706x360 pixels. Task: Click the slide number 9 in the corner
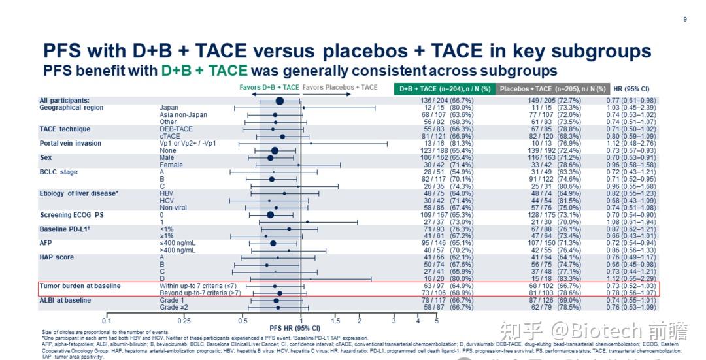684,20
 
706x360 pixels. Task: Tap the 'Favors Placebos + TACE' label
340,87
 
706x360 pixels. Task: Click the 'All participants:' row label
64,101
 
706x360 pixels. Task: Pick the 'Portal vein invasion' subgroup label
71,143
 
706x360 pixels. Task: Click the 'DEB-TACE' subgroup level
176,129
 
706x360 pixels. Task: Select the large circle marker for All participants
279,101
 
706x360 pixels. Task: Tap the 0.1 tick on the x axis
107,321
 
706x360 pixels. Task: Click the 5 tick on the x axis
437,321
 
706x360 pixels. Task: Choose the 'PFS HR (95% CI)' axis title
295,328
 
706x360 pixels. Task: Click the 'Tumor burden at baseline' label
80,286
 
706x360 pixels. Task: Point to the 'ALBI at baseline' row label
65,300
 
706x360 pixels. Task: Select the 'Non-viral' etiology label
175,208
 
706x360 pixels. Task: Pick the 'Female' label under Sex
171,165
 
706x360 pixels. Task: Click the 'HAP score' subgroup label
57,257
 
